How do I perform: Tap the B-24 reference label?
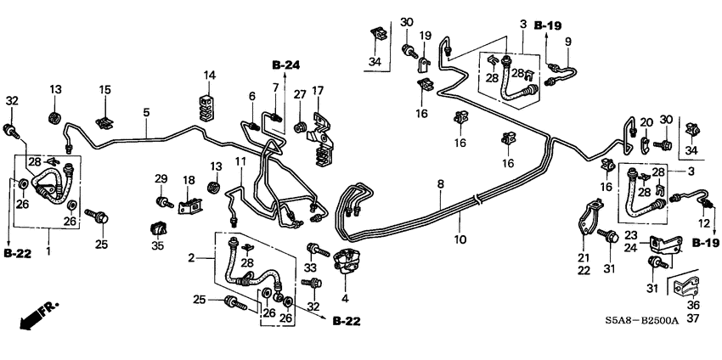coord(286,65)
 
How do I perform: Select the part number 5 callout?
coord(146,111)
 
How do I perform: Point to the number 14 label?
coord(209,76)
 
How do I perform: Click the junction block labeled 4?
coord(346,263)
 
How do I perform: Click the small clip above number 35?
coord(157,228)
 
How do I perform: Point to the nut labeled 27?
coord(300,128)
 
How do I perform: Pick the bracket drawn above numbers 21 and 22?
coord(589,219)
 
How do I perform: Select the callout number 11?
coord(240,161)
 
